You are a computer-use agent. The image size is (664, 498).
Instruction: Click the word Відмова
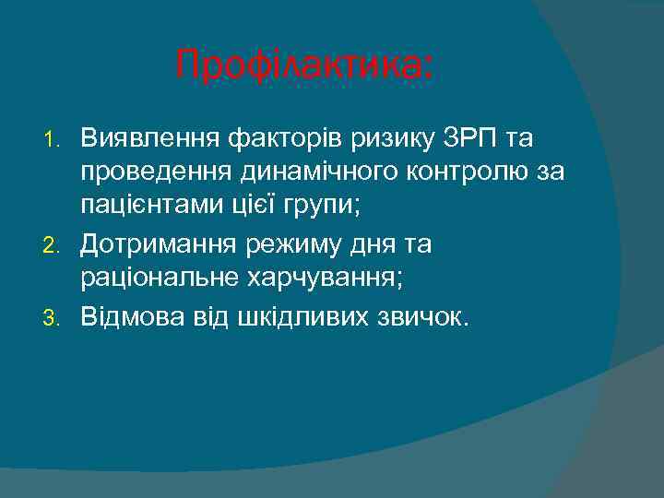(x=131, y=316)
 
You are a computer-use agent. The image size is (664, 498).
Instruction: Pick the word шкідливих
(x=297, y=316)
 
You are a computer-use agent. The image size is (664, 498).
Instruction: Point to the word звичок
(x=425, y=316)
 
